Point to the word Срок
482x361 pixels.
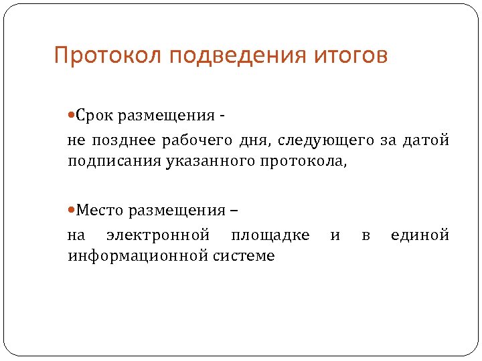[x=98, y=117]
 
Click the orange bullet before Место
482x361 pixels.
[x=72, y=211]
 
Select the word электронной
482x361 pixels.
[x=158, y=235]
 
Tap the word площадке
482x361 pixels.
[x=270, y=235]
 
